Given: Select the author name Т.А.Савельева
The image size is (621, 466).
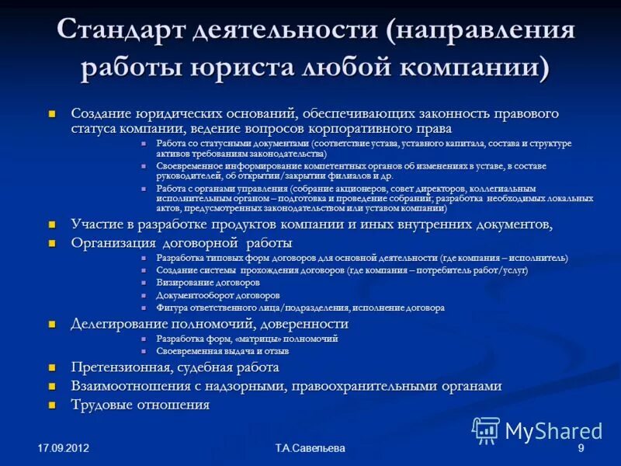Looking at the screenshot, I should click(x=310, y=449).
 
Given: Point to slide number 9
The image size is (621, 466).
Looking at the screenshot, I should click(x=581, y=449).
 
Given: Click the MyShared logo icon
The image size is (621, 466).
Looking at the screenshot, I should click(x=486, y=429).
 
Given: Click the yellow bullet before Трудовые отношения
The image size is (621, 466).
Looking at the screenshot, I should click(x=54, y=405).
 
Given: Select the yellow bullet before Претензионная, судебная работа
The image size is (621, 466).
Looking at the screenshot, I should click(x=54, y=368).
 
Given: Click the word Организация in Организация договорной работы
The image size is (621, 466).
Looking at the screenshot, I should click(x=113, y=243).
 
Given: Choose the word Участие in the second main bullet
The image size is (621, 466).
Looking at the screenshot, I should click(x=95, y=224).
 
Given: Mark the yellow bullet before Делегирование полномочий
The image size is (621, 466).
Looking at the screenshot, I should click(x=54, y=325).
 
